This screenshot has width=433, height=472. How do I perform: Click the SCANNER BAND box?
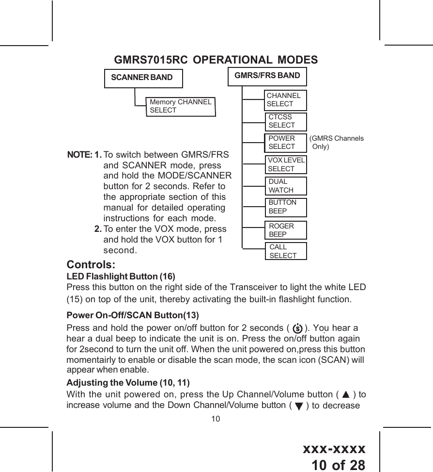143,78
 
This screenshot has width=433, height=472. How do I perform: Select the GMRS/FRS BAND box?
267,76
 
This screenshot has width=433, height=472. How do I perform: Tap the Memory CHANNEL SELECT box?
181,106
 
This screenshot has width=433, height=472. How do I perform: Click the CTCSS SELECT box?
286,121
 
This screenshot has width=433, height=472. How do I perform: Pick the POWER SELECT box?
286,142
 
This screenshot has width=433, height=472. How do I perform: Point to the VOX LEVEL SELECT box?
286,164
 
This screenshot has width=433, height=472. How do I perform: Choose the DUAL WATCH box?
286,186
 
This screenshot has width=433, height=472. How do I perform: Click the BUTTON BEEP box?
286,207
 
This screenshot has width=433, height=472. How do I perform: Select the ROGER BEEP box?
286,230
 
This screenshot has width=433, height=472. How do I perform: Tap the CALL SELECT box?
286,251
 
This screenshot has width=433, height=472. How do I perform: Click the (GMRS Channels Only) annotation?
337,142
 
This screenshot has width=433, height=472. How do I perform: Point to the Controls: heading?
91,265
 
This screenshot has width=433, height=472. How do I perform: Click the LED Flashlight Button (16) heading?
121,277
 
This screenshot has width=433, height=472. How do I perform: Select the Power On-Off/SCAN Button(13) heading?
133,315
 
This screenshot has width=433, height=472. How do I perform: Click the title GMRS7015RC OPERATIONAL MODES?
216,60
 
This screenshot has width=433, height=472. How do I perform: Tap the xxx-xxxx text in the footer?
334,449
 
